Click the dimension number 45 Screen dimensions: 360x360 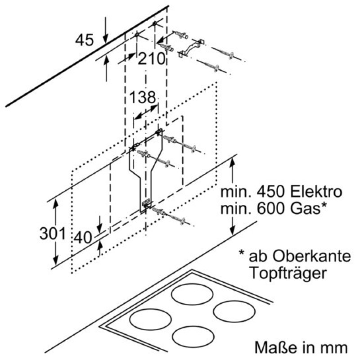coord(84,40)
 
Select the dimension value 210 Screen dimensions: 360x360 coord(151,58)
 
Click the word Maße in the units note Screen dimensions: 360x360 coord(270,348)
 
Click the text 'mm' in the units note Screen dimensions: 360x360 coord(335,348)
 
